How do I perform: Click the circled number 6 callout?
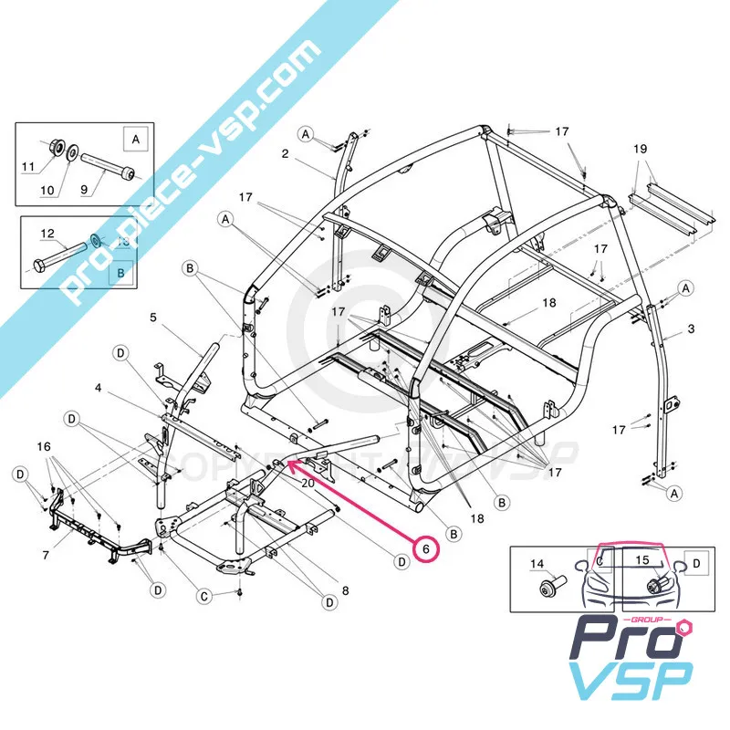pyautogui.click(x=424, y=550)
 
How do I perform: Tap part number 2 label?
pyautogui.click(x=286, y=154)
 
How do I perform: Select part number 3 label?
pyautogui.click(x=692, y=328)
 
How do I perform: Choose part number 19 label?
pyautogui.click(x=640, y=148)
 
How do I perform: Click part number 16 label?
pyautogui.click(x=43, y=446)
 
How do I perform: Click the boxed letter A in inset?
pyautogui.click(x=135, y=139)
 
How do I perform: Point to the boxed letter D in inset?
pyautogui.click(x=695, y=564)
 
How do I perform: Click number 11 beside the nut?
pyautogui.click(x=27, y=167)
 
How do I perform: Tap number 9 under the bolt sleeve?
pyautogui.click(x=85, y=190)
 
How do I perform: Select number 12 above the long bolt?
pyautogui.click(x=48, y=233)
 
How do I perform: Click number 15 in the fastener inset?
pyautogui.click(x=641, y=558)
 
